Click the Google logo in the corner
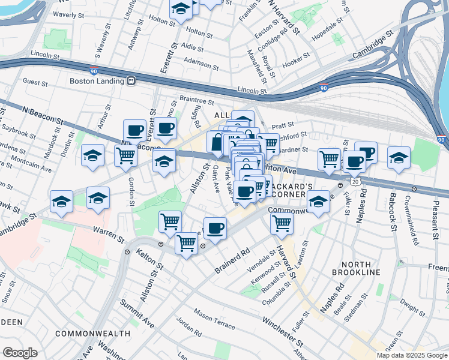click(x=20, y=352)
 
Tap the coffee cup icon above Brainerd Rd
click(x=215, y=228)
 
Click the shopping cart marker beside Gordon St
click(x=125, y=156)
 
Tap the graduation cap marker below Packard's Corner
click(x=318, y=203)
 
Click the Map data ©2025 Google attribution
click(x=411, y=355)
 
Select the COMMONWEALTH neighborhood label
click(x=92, y=333)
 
